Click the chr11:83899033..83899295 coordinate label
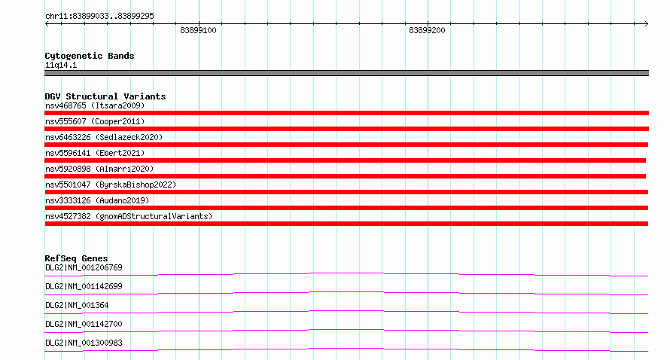[99, 17]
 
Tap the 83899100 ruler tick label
[198, 30]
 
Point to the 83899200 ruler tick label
[427, 30]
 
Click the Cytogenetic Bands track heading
[90, 56]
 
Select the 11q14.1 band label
[61, 65]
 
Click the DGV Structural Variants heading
[105, 96]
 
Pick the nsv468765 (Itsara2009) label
[95, 105]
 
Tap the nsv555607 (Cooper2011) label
[95, 121]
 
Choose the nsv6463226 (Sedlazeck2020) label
[104, 137]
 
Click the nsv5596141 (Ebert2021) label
[95, 153]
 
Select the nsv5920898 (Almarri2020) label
[99, 169]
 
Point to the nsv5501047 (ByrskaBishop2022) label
[111, 185]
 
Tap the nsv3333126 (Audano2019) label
[97, 200]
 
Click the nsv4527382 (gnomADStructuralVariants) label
[129, 216]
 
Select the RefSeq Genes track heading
[76, 258]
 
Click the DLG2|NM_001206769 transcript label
[84, 267]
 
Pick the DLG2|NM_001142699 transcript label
[84, 286]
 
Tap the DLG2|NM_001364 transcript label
[77, 305]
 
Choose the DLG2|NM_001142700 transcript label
[84, 324]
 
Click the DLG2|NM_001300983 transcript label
[84, 343]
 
